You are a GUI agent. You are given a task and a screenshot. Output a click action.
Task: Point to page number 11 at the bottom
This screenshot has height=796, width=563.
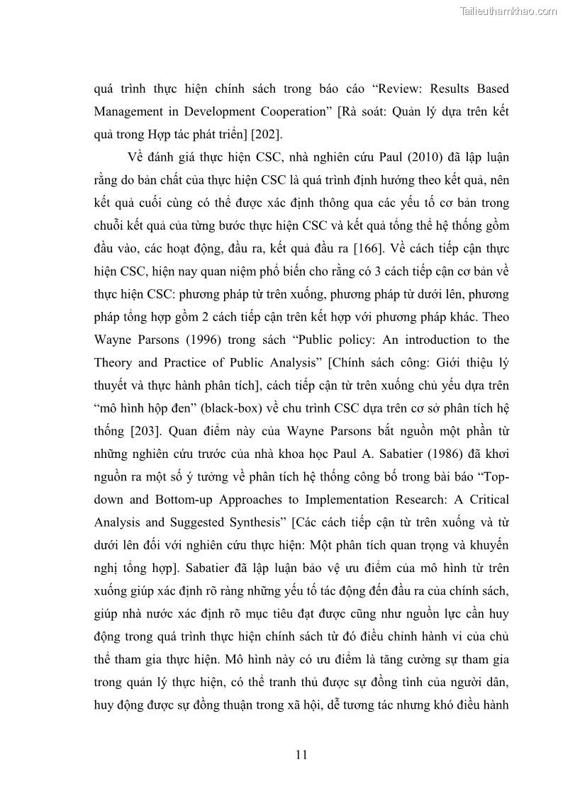(301, 754)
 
